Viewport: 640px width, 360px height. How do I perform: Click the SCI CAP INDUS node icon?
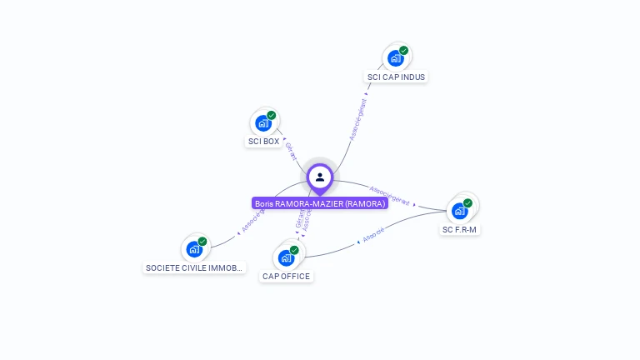tap(396, 58)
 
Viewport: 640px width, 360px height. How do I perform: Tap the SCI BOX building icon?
tap(263, 123)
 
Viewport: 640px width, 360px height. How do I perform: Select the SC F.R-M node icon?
tap(459, 211)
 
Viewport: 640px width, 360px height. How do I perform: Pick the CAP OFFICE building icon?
tap(286, 257)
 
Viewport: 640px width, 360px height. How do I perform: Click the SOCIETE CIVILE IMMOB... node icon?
tap(194, 248)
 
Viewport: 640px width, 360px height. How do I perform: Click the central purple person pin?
tap(320, 177)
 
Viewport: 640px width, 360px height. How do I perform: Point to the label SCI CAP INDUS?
tap(397, 77)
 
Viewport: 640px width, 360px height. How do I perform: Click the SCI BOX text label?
tap(263, 142)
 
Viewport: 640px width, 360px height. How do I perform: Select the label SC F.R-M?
tap(460, 230)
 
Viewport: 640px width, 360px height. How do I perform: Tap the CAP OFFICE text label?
tap(286, 277)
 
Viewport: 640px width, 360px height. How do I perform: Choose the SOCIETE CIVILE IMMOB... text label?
tap(194, 268)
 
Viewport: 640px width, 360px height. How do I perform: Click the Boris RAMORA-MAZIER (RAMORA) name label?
tap(320, 203)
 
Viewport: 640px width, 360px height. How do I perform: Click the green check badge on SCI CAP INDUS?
tap(404, 51)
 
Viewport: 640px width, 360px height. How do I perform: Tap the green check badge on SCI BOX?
tap(272, 115)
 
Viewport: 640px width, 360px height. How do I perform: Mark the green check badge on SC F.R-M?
tap(467, 202)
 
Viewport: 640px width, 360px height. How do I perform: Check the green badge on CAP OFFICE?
tap(294, 249)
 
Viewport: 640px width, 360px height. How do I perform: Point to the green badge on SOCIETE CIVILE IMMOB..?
tap(202, 241)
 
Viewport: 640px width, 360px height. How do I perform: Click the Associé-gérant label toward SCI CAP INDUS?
tap(357, 121)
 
